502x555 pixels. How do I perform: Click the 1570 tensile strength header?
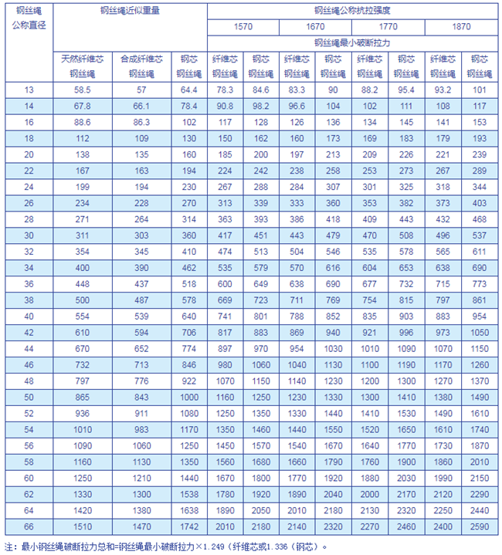click(243, 27)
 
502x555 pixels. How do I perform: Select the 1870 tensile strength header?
click(460, 27)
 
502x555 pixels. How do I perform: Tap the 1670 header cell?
click(315, 27)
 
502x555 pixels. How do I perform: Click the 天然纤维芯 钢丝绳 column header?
click(83, 66)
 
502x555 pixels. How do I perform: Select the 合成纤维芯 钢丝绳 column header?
click(141, 66)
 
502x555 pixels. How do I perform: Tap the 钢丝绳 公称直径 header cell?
click(29, 19)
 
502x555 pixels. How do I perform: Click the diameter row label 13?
click(29, 90)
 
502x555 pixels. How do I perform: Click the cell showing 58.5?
click(83, 90)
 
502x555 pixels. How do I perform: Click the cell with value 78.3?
click(225, 90)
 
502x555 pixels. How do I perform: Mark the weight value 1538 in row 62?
click(188, 493)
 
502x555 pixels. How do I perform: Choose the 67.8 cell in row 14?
click(83, 106)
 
